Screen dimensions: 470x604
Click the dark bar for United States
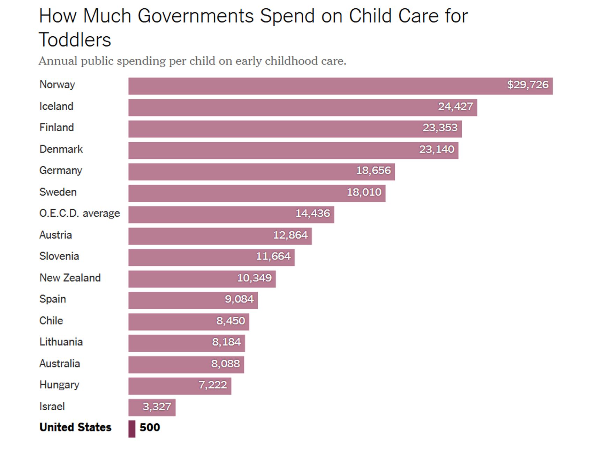pyautogui.click(x=132, y=428)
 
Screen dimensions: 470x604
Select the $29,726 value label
pyautogui.click(x=528, y=85)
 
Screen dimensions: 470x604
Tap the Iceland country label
pyautogui.click(x=56, y=106)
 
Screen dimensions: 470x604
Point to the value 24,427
pyautogui.click(x=455, y=106)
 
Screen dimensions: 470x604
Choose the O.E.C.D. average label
pyautogui.click(x=80, y=213)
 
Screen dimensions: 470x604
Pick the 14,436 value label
pyautogui.click(x=312, y=213)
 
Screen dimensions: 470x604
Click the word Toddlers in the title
pyautogui.click(x=75, y=40)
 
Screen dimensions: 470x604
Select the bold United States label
pyautogui.click(x=75, y=427)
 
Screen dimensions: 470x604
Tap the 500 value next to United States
pyautogui.click(x=150, y=427)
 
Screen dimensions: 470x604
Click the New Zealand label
pyautogui.click(x=70, y=278)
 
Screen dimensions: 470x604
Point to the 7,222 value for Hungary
pyautogui.click(x=213, y=385)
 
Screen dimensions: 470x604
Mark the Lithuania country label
pyautogui.click(x=61, y=342)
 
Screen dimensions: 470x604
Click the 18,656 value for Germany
pyautogui.click(x=373, y=171)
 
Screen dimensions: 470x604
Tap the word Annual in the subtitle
pyautogui.click(x=58, y=61)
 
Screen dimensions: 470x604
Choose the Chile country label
pyautogui.click(x=51, y=321)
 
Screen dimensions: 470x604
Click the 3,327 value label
pyautogui.click(x=157, y=406)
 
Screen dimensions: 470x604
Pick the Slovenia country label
pyautogui.click(x=59, y=256)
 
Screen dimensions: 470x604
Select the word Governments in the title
pyautogui.click(x=196, y=16)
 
